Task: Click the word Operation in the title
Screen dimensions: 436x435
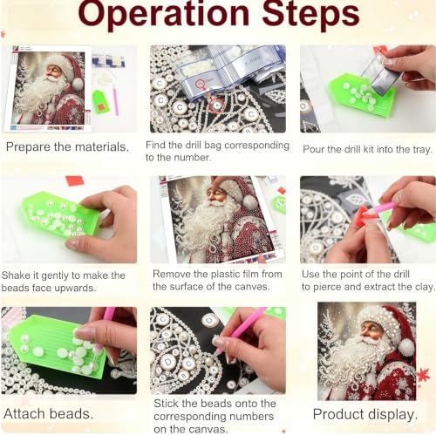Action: tap(164, 15)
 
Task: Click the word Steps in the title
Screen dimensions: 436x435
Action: tap(310, 15)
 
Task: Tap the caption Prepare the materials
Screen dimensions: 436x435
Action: tap(67, 147)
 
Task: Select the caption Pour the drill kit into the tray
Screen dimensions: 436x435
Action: tap(367, 149)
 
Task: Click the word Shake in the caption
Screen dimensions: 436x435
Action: tap(16, 275)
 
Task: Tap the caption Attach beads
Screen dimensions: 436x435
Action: tap(49, 414)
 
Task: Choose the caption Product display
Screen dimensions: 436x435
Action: tap(365, 414)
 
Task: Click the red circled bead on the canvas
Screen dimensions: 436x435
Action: tap(216, 105)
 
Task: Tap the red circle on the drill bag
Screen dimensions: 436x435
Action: tap(200, 84)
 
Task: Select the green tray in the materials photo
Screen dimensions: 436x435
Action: tap(100, 102)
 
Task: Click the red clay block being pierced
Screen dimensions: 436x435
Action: tap(364, 215)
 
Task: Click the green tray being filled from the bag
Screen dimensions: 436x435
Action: tap(362, 94)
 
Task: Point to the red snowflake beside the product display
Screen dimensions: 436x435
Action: tap(423, 375)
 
